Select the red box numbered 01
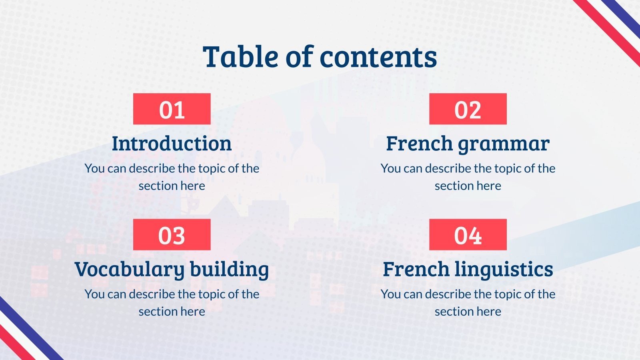pos(172,109)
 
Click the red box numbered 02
pos(468,109)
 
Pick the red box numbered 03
pos(172,234)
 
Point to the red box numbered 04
pos(468,234)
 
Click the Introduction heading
pos(172,143)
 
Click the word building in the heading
pos(230,270)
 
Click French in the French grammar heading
pos(419,143)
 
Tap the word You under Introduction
pos(94,168)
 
